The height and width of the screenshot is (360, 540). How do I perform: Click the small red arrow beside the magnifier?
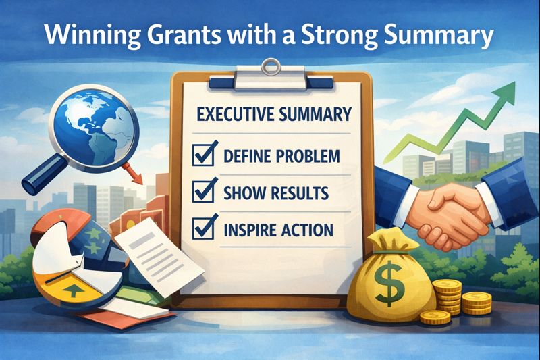coord(138,177)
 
